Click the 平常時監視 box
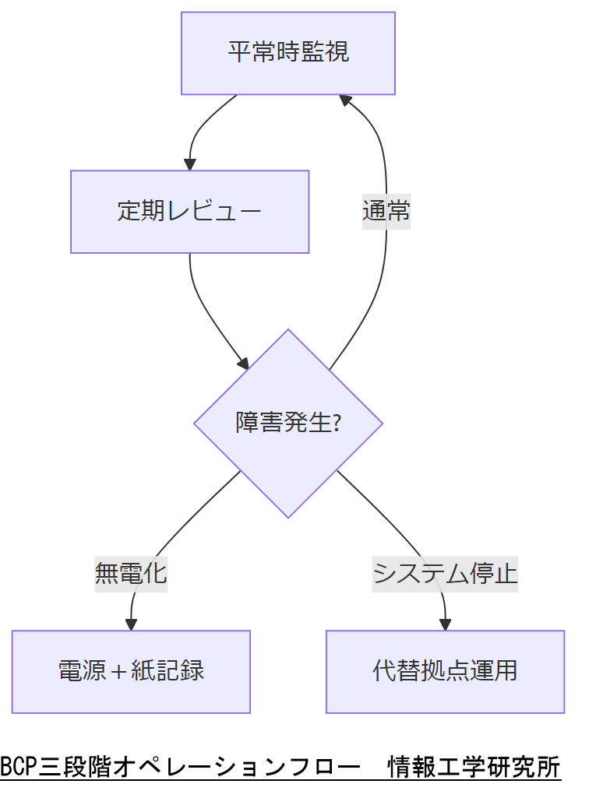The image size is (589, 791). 288,53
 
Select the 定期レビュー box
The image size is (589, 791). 189,212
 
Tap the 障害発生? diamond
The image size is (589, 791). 288,423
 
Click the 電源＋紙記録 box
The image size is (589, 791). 131,671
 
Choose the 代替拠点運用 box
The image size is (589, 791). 445,671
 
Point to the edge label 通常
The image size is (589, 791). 386,211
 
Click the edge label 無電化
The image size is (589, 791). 131,574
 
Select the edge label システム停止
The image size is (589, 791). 445,574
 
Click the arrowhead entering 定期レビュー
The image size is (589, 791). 189,164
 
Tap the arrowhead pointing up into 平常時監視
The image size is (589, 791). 344,100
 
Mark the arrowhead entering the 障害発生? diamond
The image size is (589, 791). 243,364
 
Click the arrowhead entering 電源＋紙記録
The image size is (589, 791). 131,624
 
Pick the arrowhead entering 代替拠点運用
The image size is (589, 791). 445,624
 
